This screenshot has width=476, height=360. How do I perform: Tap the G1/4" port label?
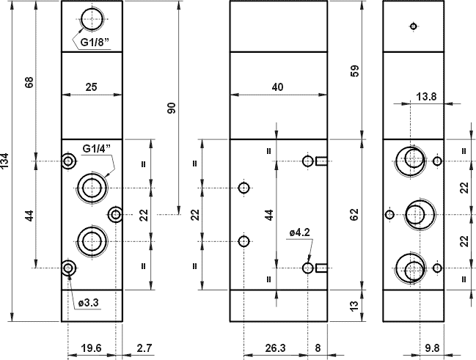click(96, 149)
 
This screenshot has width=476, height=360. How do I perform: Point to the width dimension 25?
click(91, 87)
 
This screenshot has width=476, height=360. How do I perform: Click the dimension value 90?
click(172, 109)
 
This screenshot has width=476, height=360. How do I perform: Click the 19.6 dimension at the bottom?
click(91, 349)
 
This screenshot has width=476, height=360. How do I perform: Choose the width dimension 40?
click(277, 87)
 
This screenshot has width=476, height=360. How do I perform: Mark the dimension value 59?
click(355, 72)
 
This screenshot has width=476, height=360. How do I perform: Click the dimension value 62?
click(355, 214)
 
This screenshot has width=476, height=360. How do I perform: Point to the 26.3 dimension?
click(276, 349)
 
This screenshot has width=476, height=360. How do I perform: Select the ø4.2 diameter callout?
click(300, 232)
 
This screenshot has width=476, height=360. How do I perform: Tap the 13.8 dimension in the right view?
click(426, 96)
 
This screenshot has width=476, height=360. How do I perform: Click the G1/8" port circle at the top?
click(91, 18)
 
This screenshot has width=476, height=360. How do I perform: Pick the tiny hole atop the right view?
click(414, 27)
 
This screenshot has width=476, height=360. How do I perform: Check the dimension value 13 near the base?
click(355, 305)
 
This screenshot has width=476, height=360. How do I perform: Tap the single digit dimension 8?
click(318, 349)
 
